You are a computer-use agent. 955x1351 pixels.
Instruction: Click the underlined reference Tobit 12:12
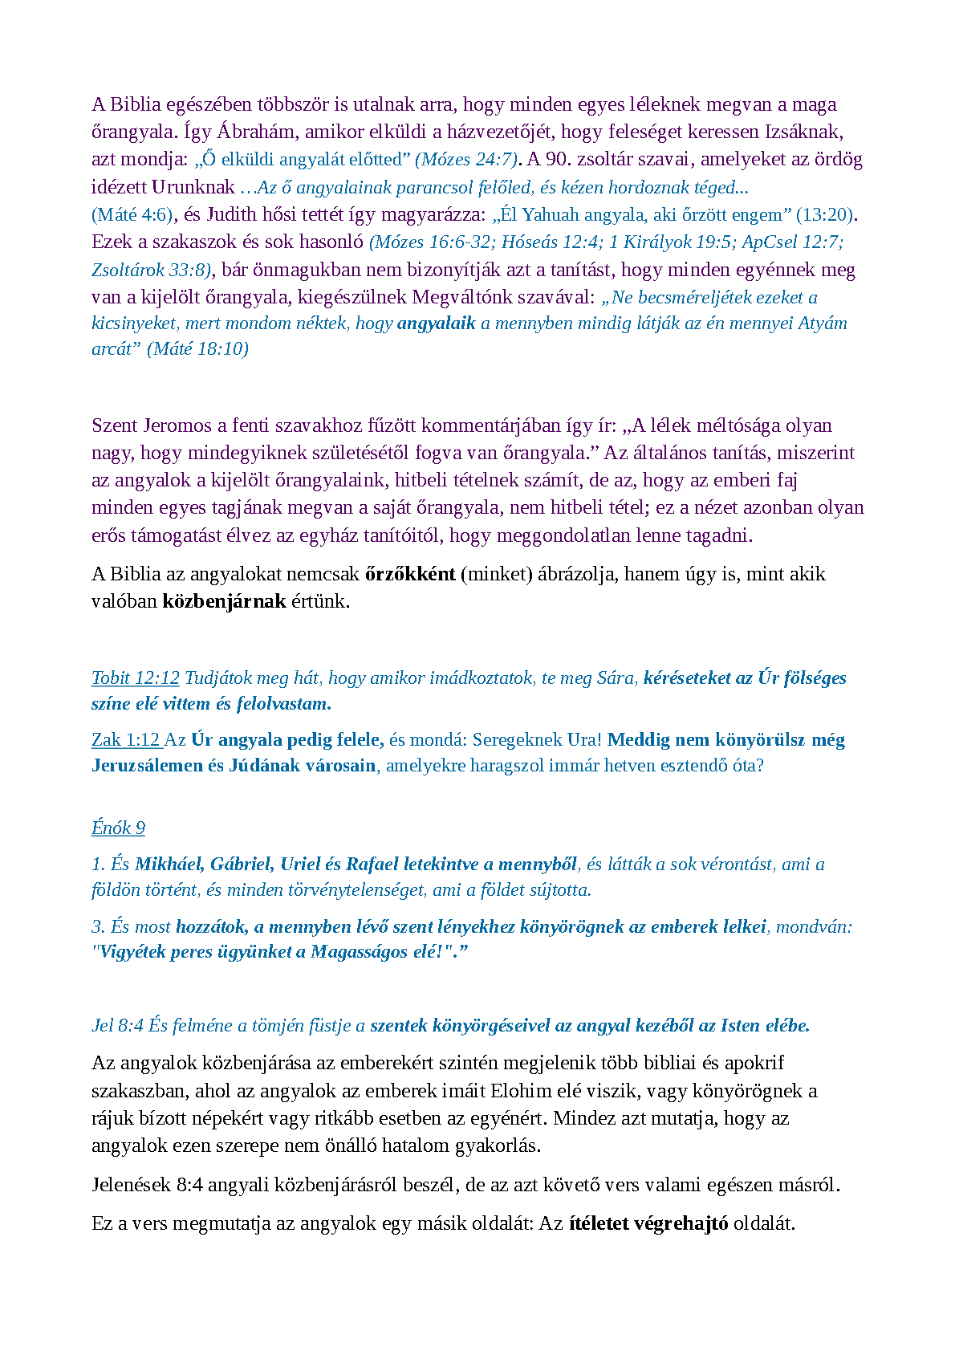(x=135, y=678)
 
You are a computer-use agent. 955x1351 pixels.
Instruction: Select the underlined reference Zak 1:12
(x=126, y=740)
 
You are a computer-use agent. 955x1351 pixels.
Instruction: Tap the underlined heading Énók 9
(x=118, y=828)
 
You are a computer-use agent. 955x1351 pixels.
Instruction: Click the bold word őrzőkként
(x=410, y=574)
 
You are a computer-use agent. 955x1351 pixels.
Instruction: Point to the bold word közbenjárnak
(x=224, y=601)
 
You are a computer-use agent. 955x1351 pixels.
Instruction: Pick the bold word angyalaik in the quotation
(x=437, y=324)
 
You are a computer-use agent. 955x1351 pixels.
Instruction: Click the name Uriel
(x=299, y=865)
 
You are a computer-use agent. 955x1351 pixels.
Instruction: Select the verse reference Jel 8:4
(x=117, y=1026)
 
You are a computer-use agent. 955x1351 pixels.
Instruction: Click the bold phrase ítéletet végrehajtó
(x=648, y=1224)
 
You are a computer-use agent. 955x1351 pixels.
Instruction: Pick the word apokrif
(x=754, y=1064)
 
